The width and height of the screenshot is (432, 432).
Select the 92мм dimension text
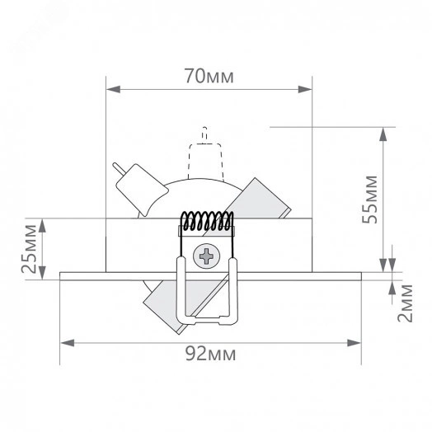[209, 355]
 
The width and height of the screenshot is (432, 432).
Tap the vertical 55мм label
[372, 198]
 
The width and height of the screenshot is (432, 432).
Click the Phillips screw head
[205, 256]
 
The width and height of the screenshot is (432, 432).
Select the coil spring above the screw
[208, 220]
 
